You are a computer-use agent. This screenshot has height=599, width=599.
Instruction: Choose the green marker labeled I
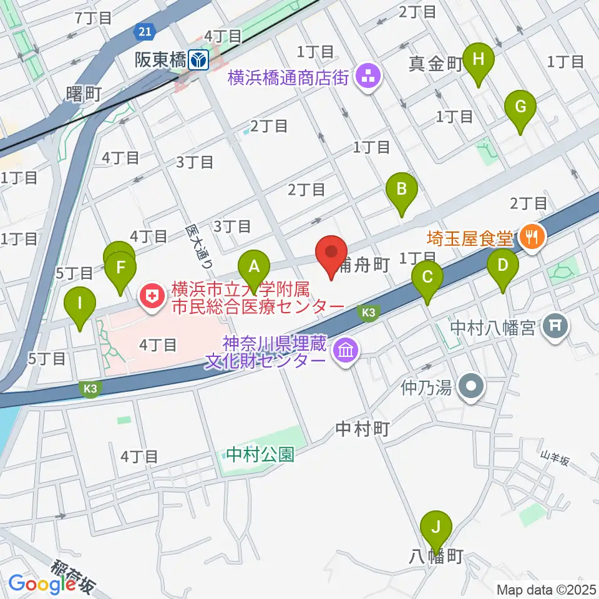pos(80,306)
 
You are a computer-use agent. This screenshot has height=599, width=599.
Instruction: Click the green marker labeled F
pos(120,271)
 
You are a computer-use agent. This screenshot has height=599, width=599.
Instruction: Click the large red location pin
pos(331,254)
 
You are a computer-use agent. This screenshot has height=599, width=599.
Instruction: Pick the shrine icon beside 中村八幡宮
pos(554,324)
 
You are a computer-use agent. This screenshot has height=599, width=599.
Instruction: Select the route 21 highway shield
pos(145,31)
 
